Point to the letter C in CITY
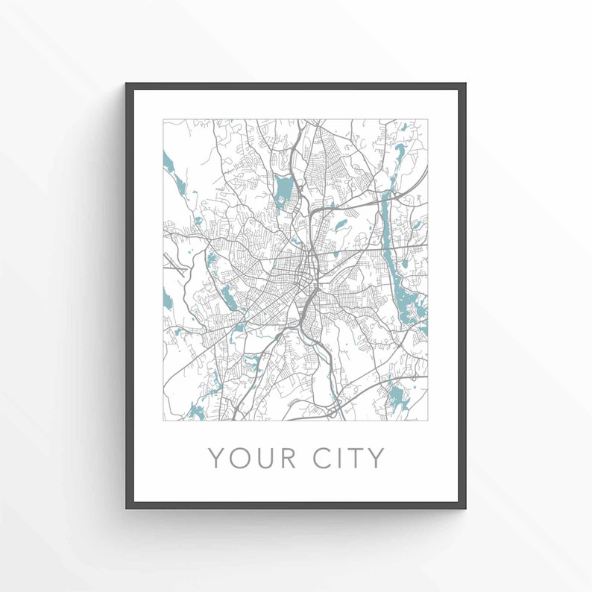[x=327, y=458]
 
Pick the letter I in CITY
[x=344, y=458]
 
